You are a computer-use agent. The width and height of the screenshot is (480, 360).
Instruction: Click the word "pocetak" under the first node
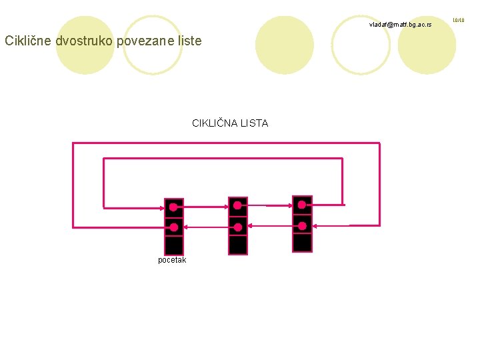(172, 260)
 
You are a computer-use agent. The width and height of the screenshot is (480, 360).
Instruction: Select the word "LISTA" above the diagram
(255, 123)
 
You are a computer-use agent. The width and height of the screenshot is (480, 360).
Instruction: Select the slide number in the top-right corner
(459, 21)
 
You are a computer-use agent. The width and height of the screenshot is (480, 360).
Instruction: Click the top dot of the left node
(173, 207)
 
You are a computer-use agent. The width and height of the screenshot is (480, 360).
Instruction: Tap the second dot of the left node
(173, 227)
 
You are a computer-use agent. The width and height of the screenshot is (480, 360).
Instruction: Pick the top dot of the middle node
(238, 207)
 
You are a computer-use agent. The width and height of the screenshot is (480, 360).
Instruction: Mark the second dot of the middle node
(238, 227)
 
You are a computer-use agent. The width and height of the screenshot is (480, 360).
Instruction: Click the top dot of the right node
(302, 204)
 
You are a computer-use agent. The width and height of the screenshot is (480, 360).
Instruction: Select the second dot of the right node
(302, 225)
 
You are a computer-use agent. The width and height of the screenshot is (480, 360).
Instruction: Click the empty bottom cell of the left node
(173, 245)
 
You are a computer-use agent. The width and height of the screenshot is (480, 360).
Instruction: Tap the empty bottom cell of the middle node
(238, 245)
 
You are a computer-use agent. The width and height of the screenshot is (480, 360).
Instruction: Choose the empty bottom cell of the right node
(302, 242)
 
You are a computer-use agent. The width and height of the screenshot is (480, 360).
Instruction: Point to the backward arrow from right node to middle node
(270, 227)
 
